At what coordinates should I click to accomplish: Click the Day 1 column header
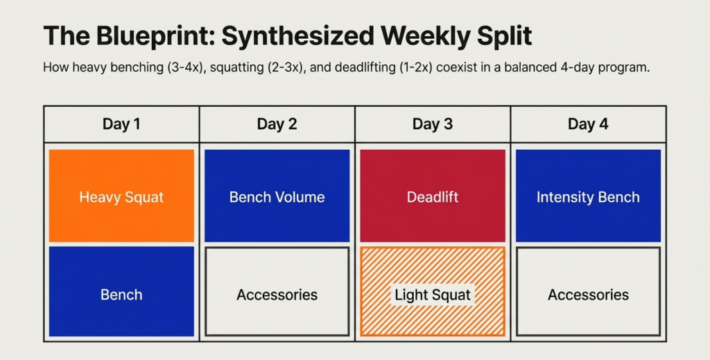coord(121,124)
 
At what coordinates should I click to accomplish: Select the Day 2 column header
coord(277,124)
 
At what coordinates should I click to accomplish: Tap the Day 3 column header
coord(433,124)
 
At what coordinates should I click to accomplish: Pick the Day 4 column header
coord(588,124)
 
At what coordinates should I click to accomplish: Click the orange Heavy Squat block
coord(121,196)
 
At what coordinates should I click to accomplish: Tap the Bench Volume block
coord(277,196)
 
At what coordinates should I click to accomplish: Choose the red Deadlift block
coord(433,196)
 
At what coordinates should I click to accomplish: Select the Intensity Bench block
coord(588,196)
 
